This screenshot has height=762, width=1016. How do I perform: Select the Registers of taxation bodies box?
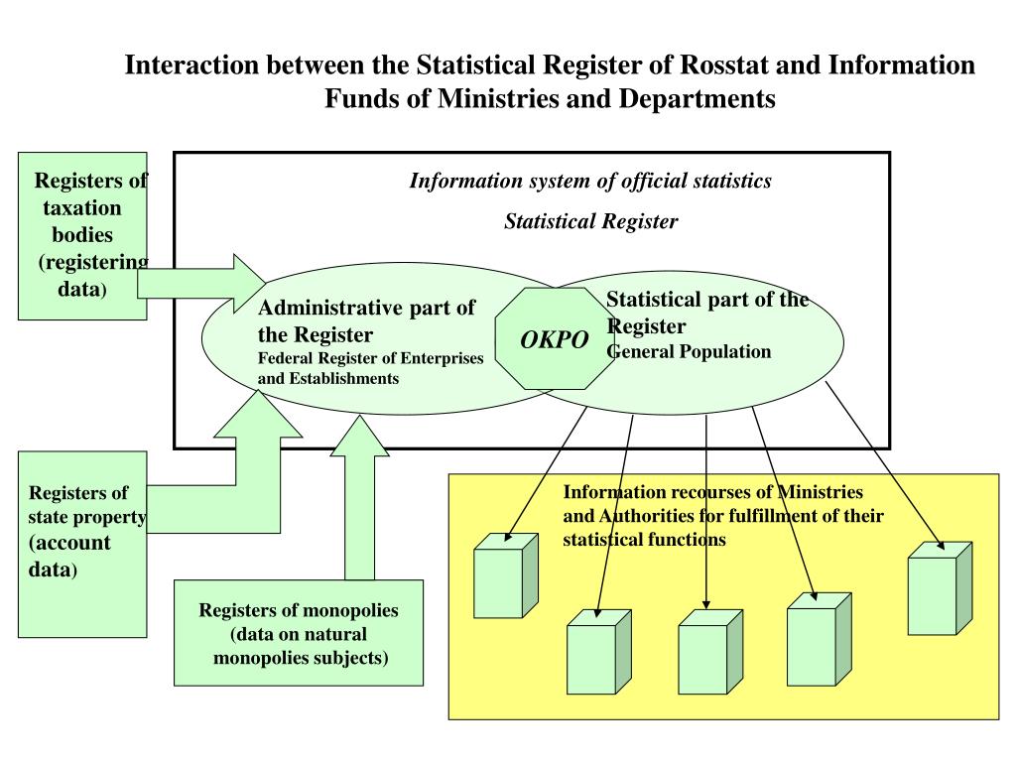pyautogui.click(x=83, y=235)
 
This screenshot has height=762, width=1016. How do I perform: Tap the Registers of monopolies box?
pyautogui.click(x=299, y=633)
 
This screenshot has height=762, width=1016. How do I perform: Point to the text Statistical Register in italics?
pyautogui.click(x=590, y=221)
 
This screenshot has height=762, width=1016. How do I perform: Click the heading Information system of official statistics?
pyautogui.click(x=590, y=182)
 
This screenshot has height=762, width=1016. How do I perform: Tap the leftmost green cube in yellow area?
pyautogui.click(x=504, y=576)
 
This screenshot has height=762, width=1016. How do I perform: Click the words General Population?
pyautogui.click(x=689, y=351)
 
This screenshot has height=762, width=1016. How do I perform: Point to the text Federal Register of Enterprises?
pyautogui.click(x=370, y=358)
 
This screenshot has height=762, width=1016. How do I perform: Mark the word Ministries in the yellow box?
pyautogui.click(x=820, y=492)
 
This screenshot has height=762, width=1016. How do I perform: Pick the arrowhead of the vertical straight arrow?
pyautogui.click(x=706, y=602)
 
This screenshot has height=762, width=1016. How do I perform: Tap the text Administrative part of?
pyautogui.click(x=367, y=307)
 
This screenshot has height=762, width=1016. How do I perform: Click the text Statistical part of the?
pyautogui.click(x=706, y=300)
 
